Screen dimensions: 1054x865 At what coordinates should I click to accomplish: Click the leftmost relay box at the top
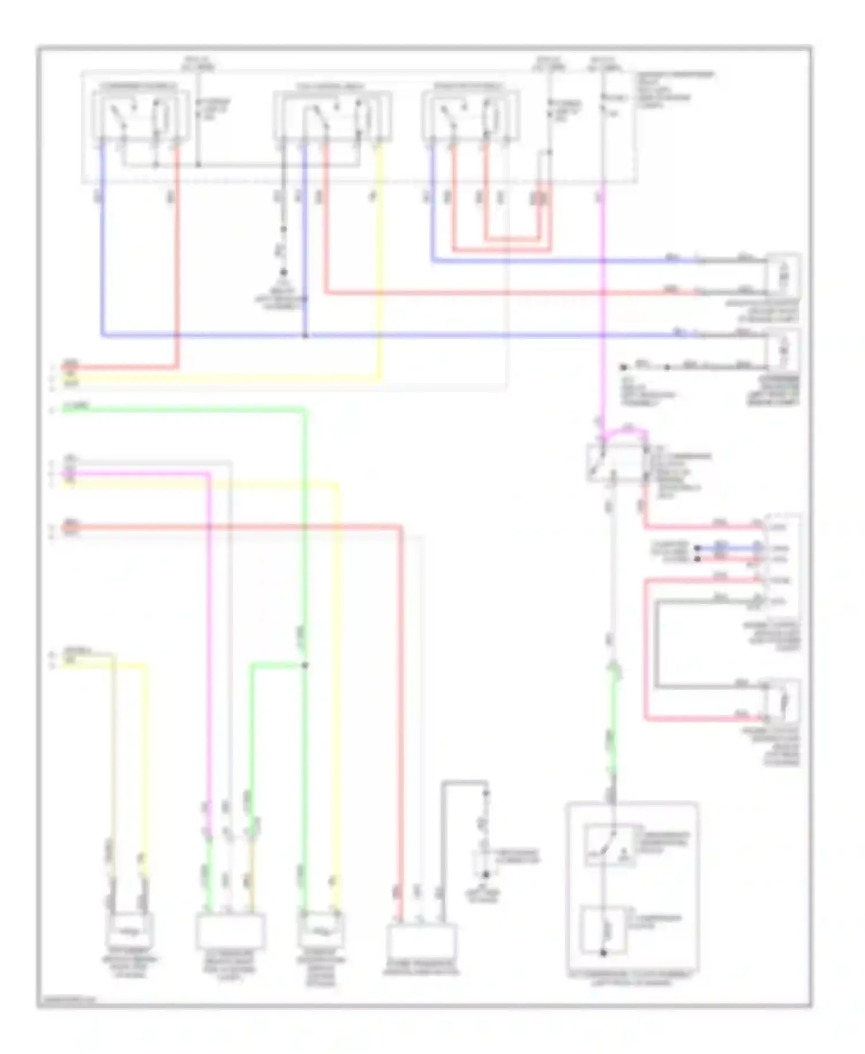click(141, 115)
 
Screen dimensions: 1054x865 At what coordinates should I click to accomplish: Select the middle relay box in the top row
click(333, 115)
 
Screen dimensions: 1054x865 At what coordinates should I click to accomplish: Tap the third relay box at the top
click(471, 115)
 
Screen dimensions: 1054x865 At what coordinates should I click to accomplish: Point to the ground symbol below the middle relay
click(283, 272)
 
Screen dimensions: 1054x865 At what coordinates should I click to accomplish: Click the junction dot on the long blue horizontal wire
click(305, 336)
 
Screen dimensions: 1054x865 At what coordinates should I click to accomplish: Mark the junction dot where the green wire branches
click(305, 665)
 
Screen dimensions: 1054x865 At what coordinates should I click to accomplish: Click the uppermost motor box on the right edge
click(783, 276)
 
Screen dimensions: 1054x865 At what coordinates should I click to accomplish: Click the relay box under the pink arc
click(615, 462)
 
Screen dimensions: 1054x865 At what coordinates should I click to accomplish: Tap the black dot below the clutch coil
click(604, 953)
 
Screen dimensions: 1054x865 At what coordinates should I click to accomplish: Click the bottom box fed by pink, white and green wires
click(230, 930)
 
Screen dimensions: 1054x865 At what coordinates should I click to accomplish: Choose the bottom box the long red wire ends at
click(421, 940)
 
